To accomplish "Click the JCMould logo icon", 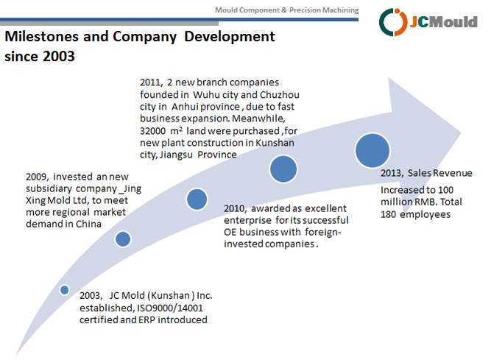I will pyautogui.click(x=392, y=21).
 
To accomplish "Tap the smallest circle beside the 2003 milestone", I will pyautogui.click(x=65, y=290).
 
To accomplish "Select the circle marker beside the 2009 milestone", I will pyautogui.click(x=123, y=239).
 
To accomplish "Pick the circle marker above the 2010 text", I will pyautogui.click(x=197, y=199).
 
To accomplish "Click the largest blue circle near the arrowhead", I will pyautogui.click(x=372, y=150).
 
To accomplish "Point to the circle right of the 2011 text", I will pyautogui.click(x=283, y=169).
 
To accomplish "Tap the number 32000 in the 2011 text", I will pyautogui.click(x=156, y=130).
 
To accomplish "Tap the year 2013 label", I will pyautogui.click(x=391, y=173).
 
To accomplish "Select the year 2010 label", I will pyautogui.click(x=236, y=208).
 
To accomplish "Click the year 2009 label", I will pyautogui.click(x=37, y=177).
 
